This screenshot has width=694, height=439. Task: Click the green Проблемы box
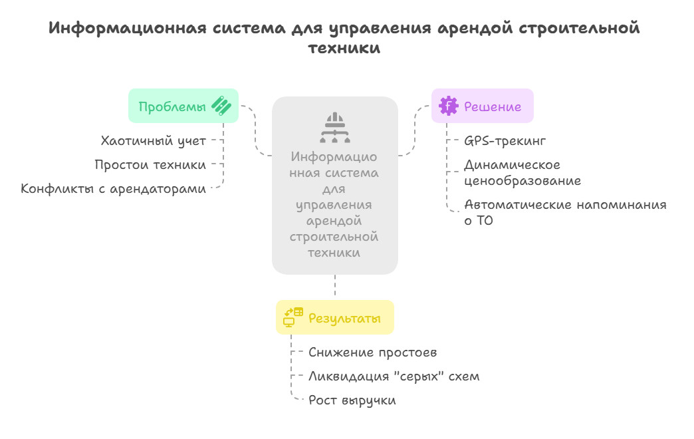pos(183,106)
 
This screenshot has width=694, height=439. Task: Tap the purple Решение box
pos(482,106)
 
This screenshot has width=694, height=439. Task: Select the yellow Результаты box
pos(335,318)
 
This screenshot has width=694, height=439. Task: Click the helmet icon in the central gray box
pos(334,128)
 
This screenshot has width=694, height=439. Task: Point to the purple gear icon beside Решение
pos(449,106)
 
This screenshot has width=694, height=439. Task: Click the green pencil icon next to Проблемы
pos(221,106)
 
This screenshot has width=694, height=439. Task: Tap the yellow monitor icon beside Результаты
pos(293,317)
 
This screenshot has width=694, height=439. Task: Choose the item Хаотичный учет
pos(153,140)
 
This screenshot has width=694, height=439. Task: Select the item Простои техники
pos(150,164)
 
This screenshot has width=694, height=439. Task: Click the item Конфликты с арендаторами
pos(113,188)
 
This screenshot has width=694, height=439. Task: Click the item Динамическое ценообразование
pos(522,172)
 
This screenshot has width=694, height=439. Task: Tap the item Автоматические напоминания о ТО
pos(564,212)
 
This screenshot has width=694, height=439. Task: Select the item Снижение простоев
pos(373,352)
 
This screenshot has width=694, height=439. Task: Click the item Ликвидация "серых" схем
pos(394,376)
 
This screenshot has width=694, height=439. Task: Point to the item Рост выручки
pos(352,400)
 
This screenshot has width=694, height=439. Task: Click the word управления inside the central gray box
pos(334,205)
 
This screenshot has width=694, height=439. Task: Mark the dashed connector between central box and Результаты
pos(335,287)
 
